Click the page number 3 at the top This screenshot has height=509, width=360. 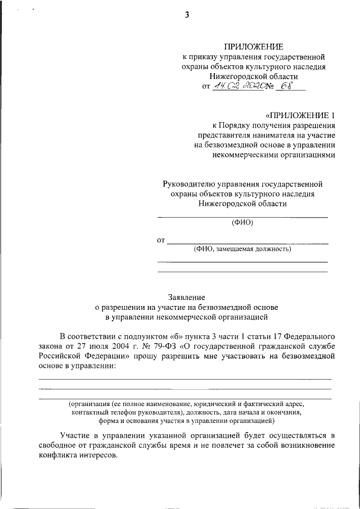187,16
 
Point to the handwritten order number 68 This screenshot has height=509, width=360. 287,85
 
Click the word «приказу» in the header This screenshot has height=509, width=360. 205,57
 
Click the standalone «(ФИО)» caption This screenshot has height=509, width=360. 242,223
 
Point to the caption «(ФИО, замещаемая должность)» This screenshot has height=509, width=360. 242,249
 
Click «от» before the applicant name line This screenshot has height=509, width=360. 161,241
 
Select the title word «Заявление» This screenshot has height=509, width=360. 187,297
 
